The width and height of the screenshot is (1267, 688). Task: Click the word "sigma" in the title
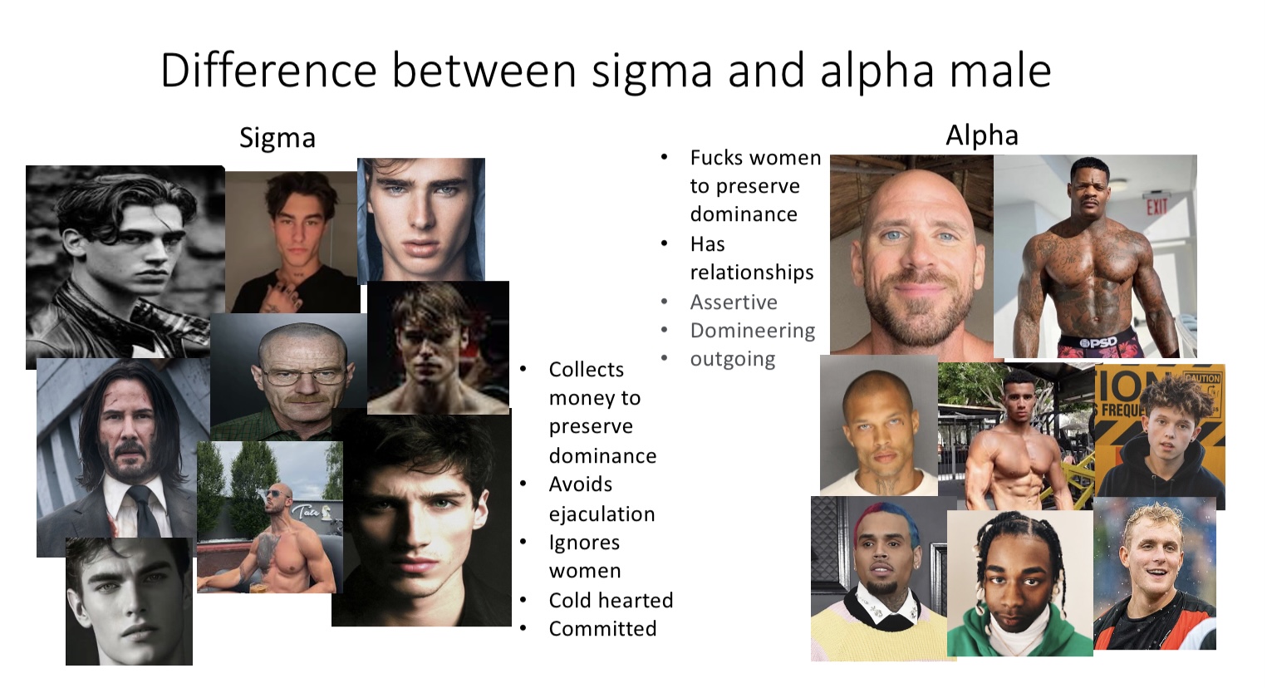pos(651,72)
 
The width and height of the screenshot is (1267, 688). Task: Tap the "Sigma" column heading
pos(277,138)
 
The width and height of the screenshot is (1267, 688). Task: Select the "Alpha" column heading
pos(982,135)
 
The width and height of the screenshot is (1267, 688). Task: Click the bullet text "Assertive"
pos(734,302)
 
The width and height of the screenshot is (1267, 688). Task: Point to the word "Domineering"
pos(752,331)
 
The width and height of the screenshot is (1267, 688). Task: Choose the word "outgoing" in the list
pos(733,360)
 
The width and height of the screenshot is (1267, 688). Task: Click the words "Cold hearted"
pos(611,600)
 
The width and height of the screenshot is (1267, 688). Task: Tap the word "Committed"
pos(602,629)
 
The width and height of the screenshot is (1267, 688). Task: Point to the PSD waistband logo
pos(1098,342)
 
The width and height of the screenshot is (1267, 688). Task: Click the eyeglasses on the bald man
pos(305,373)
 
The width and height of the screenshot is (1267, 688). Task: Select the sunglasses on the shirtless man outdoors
pos(277,494)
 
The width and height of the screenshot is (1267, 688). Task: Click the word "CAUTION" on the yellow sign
pos(1202,377)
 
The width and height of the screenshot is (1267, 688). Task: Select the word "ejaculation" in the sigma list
pos(602,514)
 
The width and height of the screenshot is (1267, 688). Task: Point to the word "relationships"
pos(752,273)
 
